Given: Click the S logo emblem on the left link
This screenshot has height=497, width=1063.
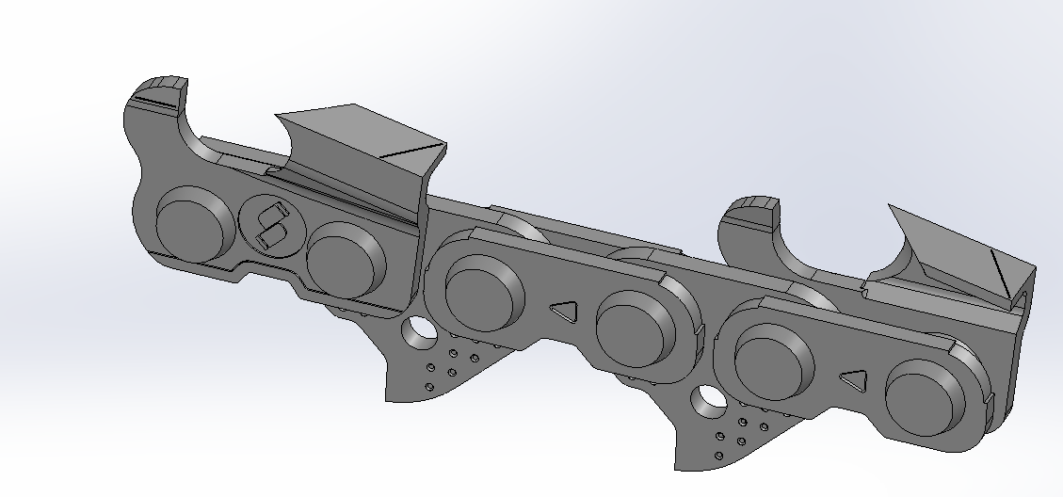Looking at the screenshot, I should [270, 226].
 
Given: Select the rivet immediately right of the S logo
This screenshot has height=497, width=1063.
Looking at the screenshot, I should [345, 259].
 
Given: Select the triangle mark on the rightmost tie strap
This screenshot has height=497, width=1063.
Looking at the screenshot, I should [854, 380].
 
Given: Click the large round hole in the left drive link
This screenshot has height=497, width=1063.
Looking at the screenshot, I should [415, 330].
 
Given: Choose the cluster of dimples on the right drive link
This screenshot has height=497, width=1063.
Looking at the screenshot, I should [744, 433].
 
